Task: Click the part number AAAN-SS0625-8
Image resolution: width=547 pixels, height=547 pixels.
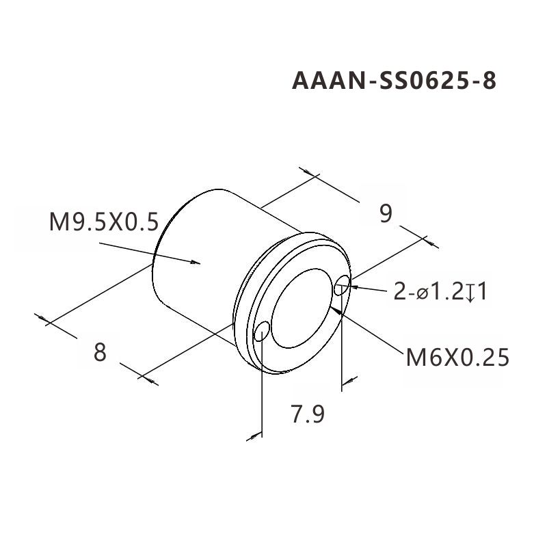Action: pyautogui.click(x=394, y=81)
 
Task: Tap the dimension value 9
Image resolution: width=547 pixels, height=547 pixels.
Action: pyautogui.click(x=386, y=214)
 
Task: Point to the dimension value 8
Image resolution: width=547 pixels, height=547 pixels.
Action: pyautogui.click(x=100, y=352)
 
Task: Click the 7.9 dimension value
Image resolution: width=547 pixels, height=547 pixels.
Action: pyautogui.click(x=307, y=414)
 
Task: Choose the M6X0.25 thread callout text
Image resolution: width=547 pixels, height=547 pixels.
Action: pyautogui.click(x=457, y=357)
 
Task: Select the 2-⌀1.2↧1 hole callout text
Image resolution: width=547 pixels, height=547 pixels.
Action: pyautogui.click(x=441, y=292)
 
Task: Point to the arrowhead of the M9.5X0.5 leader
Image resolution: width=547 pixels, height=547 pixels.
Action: pyautogui.click(x=198, y=262)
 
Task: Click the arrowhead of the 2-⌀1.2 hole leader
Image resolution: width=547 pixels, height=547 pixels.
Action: pyautogui.click(x=351, y=289)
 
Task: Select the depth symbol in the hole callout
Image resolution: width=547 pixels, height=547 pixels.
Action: pyautogui.click(x=472, y=293)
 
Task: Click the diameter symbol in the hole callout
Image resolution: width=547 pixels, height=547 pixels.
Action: pyautogui.click(x=423, y=293)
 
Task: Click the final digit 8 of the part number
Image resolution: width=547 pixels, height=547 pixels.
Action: pyautogui.click(x=488, y=81)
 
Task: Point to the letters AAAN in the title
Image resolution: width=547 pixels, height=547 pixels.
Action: pyautogui.click(x=327, y=81)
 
